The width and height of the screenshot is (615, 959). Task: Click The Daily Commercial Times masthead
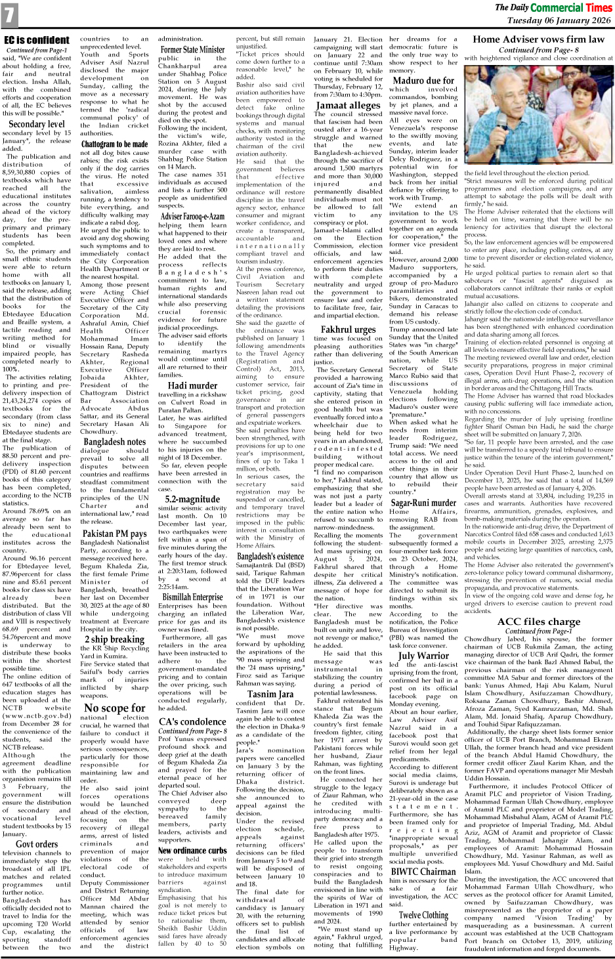coord(553,8)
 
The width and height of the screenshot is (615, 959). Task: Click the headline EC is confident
coord(36,41)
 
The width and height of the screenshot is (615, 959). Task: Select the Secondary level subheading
coord(37,123)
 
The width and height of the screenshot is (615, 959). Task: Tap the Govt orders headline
coord(37,843)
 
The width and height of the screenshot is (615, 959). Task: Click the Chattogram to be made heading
coord(114,144)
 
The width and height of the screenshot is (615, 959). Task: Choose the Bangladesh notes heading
coord(114,442)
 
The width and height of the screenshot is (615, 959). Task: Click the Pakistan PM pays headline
coord(114,534)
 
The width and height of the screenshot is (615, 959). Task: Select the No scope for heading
coord(114,708)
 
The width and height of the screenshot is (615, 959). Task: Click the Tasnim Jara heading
coord(270,694)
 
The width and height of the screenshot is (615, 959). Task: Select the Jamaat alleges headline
coord(348,105)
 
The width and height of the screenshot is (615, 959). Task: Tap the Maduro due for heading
coord(423,80)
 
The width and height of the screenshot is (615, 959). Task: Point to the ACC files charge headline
coord(538,621)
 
